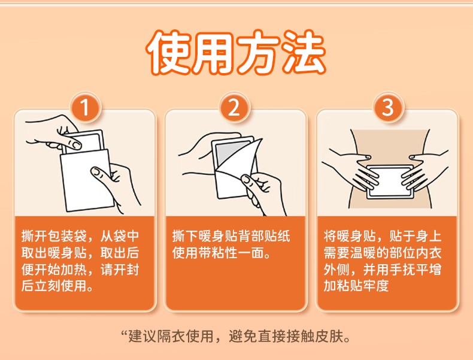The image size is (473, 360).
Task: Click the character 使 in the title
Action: pyautogui.click(x=169, y=52)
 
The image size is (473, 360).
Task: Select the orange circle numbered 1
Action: pyautogui.click(x=86, y=107)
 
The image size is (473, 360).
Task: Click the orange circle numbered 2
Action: pyautogui.click(x=234, y=107)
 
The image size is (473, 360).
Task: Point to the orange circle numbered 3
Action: pyautogui.click(x=388, y=107)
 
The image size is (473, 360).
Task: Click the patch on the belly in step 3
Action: pyautogui.click(x=390, y=181)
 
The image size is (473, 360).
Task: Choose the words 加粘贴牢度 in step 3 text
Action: pyautogui.click(x=356, y=286)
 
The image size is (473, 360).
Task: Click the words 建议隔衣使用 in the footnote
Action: pyautogui.click(x=171, y=336)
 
